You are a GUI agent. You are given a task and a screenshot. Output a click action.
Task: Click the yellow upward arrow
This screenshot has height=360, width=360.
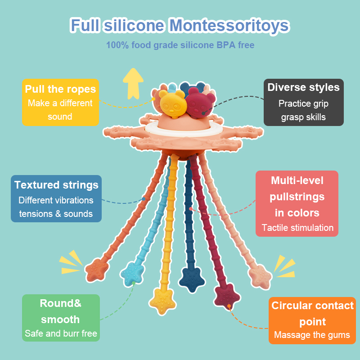coord(133,84)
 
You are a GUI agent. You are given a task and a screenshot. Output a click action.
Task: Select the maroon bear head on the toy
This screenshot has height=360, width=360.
coord(200,102)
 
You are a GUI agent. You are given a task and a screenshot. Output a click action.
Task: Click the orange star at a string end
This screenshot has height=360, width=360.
coord(97,270)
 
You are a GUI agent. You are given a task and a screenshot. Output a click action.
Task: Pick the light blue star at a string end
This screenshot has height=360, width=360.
coord(132,274)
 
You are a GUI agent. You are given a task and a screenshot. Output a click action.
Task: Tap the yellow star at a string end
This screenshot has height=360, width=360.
coord(162,301)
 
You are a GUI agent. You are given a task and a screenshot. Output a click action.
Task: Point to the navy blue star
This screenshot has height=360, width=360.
coord(192,279)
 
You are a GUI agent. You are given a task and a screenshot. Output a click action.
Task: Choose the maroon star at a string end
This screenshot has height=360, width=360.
coord(227,296)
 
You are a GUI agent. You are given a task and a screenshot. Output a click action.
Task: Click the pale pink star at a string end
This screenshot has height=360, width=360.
coord(260,276)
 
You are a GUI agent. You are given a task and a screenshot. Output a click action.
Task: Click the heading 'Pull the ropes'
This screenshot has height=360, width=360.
coord(60,89)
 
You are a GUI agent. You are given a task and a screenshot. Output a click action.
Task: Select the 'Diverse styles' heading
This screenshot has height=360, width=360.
coord(303,87)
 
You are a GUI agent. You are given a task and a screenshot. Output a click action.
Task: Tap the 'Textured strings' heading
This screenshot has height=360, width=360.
coord(56,185)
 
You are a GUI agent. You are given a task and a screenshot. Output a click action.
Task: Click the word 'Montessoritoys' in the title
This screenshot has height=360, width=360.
coord(229,25)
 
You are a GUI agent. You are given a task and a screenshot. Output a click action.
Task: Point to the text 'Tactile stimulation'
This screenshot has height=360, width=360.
coord(297,228)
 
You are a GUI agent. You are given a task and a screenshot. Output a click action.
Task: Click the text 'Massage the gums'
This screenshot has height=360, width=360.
coord(312,335)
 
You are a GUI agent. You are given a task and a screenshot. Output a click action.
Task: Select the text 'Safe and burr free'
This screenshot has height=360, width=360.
coord(61,333)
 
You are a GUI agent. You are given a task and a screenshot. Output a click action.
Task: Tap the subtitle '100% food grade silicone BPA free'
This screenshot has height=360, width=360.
coord(180,45)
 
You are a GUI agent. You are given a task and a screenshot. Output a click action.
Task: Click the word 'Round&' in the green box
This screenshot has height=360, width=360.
coord(61,303)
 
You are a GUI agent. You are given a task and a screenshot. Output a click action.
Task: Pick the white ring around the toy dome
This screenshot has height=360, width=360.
coord(184,131)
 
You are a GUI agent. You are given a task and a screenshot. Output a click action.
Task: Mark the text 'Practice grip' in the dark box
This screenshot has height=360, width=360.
coord(303,104)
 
